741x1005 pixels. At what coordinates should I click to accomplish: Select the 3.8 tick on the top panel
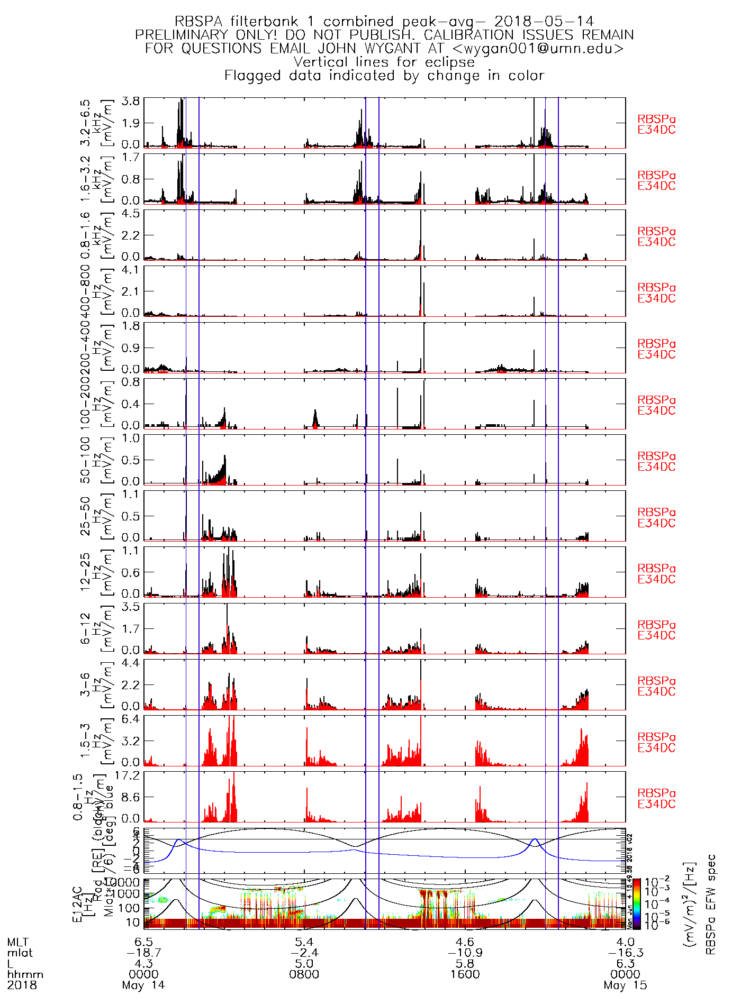131,102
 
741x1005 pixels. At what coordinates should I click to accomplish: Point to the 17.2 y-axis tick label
131,775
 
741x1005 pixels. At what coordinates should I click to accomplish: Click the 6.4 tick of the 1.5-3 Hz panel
131,719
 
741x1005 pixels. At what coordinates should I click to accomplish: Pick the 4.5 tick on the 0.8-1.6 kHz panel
131,214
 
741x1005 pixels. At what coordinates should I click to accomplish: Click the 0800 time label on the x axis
304,974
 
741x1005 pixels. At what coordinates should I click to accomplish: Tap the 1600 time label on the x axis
465,974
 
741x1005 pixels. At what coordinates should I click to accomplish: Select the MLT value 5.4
304,942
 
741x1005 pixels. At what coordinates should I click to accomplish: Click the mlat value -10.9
465,953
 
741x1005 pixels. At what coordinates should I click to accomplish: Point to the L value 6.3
625,964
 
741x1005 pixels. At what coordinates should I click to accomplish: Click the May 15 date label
625,985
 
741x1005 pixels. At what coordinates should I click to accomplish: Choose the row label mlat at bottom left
20,953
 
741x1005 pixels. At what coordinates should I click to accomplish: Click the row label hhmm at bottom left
25,974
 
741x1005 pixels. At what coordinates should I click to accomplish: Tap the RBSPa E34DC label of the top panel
656,125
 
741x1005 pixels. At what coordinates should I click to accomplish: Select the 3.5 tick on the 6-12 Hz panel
131,607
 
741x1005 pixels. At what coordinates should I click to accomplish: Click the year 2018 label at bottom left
22,985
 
